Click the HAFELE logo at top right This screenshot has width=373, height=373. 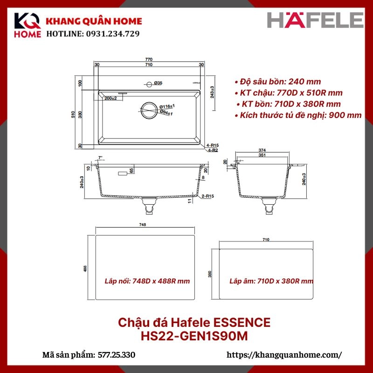[x=315, y=21]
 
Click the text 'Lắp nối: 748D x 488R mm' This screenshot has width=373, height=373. [x=146, y=282]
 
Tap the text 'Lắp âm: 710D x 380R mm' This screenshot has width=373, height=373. [x=271, y=281]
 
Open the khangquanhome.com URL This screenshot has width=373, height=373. [x=284, y=355]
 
